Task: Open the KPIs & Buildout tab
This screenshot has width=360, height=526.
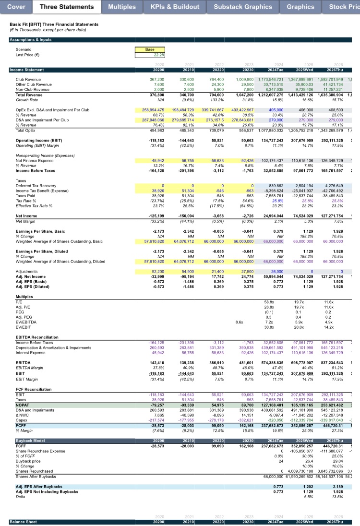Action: pyautogui.click(x=175, y=7)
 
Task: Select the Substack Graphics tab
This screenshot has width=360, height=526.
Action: pyautogui.click(x=242, y=7)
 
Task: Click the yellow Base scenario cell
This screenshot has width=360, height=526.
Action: pyautogui.click(x=149, y=49)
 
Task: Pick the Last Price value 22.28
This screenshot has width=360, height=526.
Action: pyautogui.click(x=149, y=55)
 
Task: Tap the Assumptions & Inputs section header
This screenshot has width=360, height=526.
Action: pyautogui.click(x=31, y=39)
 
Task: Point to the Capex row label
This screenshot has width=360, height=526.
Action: pyautogui.click(x=22, y=420)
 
